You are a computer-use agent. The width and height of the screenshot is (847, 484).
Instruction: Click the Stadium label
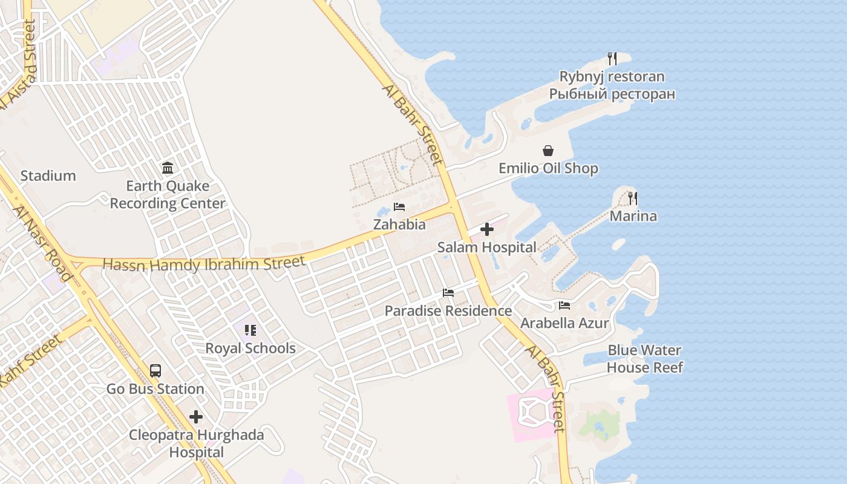click(x=48, y=176)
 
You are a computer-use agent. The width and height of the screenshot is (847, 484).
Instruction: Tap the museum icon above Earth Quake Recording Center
click(x=168, y=168)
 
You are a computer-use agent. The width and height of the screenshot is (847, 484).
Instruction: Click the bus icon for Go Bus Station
click(x=155, y=371)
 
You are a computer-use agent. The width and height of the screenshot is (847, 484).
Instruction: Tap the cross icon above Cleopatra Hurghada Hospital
click(x=196, y=417)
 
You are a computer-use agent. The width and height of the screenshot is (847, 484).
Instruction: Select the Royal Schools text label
click(x=250, y=348)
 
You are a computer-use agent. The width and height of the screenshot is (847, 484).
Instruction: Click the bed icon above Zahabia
click(x=399, y=207)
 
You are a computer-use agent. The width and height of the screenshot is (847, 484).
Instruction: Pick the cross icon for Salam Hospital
click(x=487, y=230)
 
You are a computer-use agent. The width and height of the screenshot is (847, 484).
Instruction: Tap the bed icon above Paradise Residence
click(x=448, y=293)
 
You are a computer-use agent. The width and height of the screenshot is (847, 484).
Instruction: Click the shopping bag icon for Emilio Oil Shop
click(x=548, y=151)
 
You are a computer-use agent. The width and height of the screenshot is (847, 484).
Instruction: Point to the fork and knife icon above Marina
click(x=633, y=198)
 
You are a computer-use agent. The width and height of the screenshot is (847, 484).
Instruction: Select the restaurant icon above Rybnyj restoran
click(x=612, y=59)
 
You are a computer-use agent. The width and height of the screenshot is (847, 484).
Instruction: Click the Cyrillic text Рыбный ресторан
click(x=612, y=94)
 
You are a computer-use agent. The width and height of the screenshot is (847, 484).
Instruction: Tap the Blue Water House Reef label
click(x=644, y=359)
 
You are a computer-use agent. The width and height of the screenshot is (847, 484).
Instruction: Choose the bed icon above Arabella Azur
click(x=564, y=306)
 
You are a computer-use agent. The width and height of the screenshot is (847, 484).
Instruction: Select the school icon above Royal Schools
click(x=250, y=330)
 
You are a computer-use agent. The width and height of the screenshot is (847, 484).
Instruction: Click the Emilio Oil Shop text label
click(x=548, y=169)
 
